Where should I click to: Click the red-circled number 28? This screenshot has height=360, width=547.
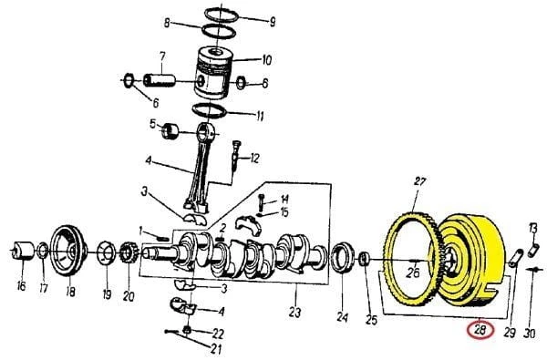pyautogui.click(x=480, y=330)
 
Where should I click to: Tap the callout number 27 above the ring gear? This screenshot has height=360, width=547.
pyautogui.click(x=420, y=181)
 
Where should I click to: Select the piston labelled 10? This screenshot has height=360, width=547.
pyautogui.click(x=213, y=73)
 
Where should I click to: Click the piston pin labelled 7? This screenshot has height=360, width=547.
pyautogui.click(x=159, y=80)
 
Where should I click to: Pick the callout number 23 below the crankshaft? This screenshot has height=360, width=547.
pyautogui.click(x=294, y=313)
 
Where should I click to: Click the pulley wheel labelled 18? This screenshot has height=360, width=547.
pyautogui.click(x=68, y=251)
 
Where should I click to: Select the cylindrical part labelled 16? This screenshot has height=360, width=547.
pyautogui.click(x=23, y=251)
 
